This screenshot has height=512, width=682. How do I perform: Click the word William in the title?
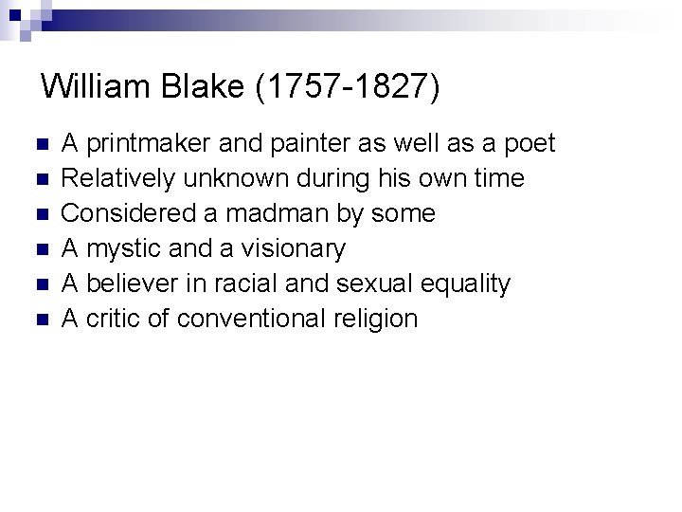coord(99,87)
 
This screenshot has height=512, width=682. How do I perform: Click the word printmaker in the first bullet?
coord(149,144)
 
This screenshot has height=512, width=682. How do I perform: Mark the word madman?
coord(278,214)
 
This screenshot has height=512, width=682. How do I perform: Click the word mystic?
coord(118,249)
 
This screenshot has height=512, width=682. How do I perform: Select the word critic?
coord(114,319)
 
